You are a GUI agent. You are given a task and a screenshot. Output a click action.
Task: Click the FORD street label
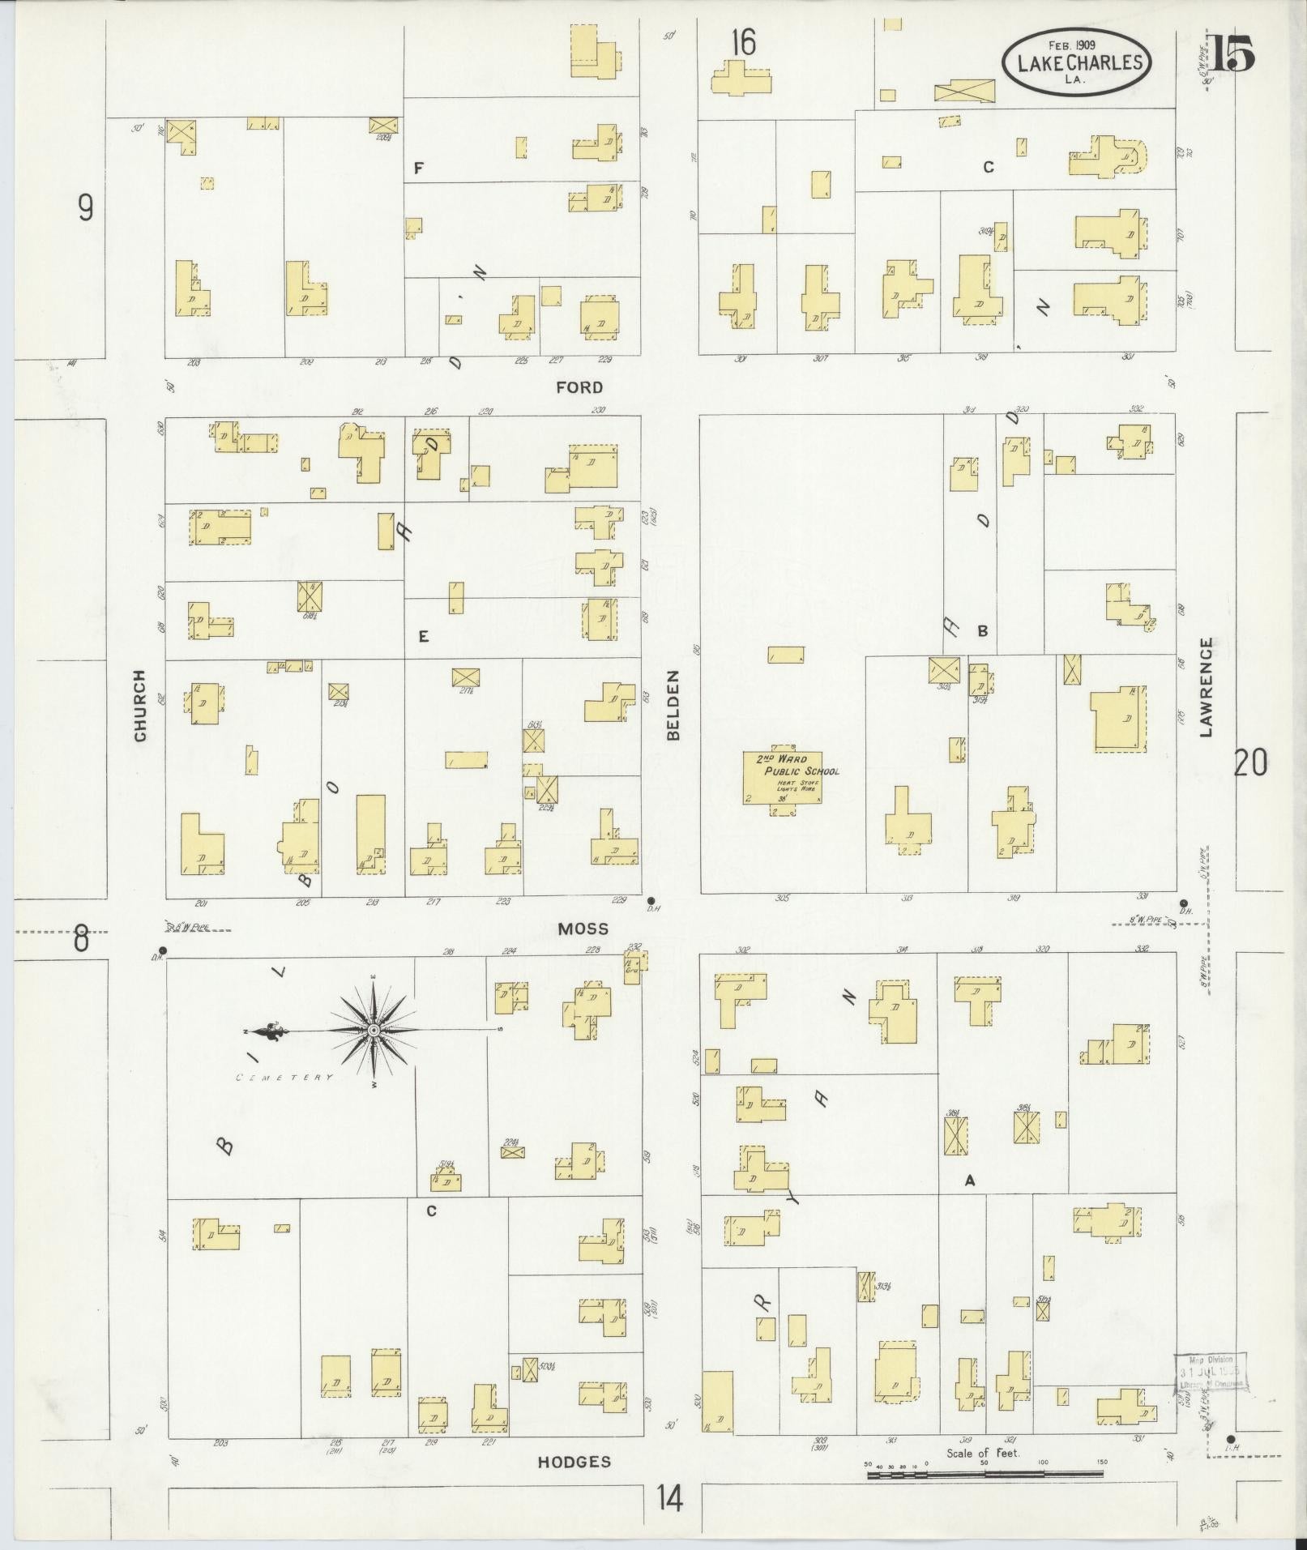coord(579,387)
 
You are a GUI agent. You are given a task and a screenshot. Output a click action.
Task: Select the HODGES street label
coord(574,1462)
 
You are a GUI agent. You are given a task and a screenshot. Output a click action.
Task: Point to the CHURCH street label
coord(140,706)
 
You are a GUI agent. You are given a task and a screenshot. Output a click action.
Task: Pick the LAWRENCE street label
coord(1207,687)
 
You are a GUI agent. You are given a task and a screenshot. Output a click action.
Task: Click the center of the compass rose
coord(374,1030)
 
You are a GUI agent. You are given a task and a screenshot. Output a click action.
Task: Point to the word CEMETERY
coord(284,1078)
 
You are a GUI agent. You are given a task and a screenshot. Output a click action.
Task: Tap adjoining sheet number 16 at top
coord(742,43)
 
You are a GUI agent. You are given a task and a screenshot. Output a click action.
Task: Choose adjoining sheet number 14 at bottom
coord(669,1499)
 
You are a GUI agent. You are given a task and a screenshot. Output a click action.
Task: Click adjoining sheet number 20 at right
coord(1249,763)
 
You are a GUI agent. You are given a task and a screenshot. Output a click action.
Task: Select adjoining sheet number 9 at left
coord(85,208)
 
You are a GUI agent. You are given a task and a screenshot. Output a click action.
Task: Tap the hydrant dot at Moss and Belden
coord(651,900)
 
